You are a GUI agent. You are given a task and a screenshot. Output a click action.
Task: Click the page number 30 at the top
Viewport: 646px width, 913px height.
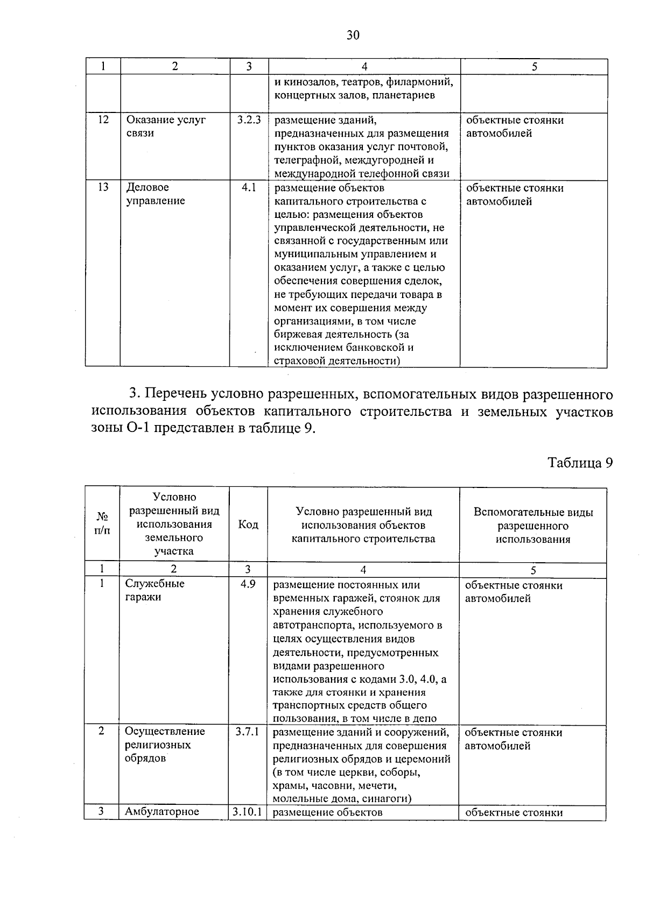click(x=353, y=36)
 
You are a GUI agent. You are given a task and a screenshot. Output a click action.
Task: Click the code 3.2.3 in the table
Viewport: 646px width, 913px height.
click(x=249, y=120)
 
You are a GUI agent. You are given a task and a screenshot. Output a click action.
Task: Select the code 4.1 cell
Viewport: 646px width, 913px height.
click(x=249, y=188)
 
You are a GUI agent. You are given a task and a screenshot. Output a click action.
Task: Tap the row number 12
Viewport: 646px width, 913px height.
click(x=103, y=120)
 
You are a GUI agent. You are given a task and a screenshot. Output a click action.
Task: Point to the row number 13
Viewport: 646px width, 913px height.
click(x=103, y=187)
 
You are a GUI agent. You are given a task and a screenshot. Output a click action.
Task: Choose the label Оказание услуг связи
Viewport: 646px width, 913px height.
click(x=165, y=126)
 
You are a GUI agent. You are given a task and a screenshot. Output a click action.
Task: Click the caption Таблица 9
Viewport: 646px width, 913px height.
click(x=580, y=463)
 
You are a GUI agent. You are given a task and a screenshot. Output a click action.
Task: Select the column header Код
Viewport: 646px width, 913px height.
click(x=248, y=525)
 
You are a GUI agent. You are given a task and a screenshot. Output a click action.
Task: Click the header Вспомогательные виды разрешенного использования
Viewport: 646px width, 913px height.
click(x=533, y=526)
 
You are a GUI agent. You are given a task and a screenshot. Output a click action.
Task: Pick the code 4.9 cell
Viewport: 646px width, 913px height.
click(x=248, y=584)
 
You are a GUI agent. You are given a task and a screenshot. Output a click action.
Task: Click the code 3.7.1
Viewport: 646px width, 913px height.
click(x=248, y=732)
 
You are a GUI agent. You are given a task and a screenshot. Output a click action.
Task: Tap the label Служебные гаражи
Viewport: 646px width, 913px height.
click(x=155, y=590)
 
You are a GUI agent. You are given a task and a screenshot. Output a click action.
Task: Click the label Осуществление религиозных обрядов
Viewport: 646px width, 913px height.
click(x=165, y=745)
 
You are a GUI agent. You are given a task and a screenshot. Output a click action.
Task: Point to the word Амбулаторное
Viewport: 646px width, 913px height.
click(x=162, y=812)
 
